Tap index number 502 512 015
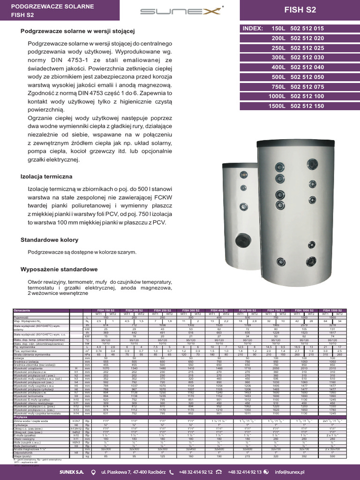pos(307,29)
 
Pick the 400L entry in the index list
pos(278,67)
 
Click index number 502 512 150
pos(307,106)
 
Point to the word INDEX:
pos(253,29)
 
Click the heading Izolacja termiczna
pos(46,176)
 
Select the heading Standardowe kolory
pos(49,240)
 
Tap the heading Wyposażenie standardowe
pos(59,270)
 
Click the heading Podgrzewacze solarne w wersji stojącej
pos(77,31)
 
